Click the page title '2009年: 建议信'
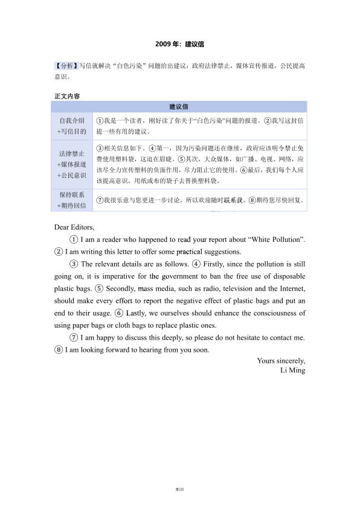point(179,44)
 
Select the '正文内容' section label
point(67,96)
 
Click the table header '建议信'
point(179,107)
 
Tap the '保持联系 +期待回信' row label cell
point(71,200)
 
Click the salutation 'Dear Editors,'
point(74,228)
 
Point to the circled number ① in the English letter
point(74,240)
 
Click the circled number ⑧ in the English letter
point(59,349)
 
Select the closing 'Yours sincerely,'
point(281,361)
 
